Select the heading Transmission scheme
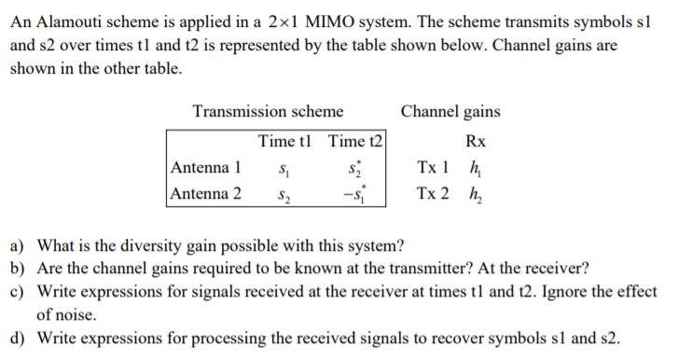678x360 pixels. (x=268, y=112)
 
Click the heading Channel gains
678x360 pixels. (x=450, y=112)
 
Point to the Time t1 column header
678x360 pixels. (x=289, y=142)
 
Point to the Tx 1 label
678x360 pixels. (x=433, y=168)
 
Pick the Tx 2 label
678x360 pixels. (x=433, y=194)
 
